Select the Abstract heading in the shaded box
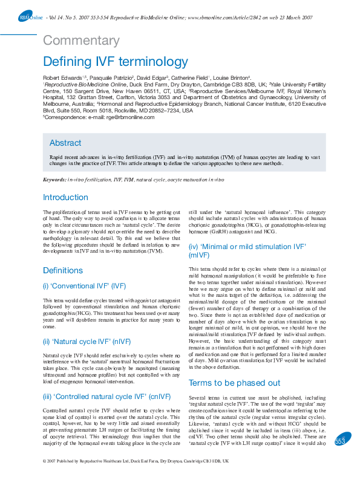65,143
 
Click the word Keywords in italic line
54,180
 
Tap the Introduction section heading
65,197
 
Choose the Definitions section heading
63,270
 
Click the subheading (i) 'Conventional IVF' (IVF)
83,285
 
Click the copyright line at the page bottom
136,461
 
